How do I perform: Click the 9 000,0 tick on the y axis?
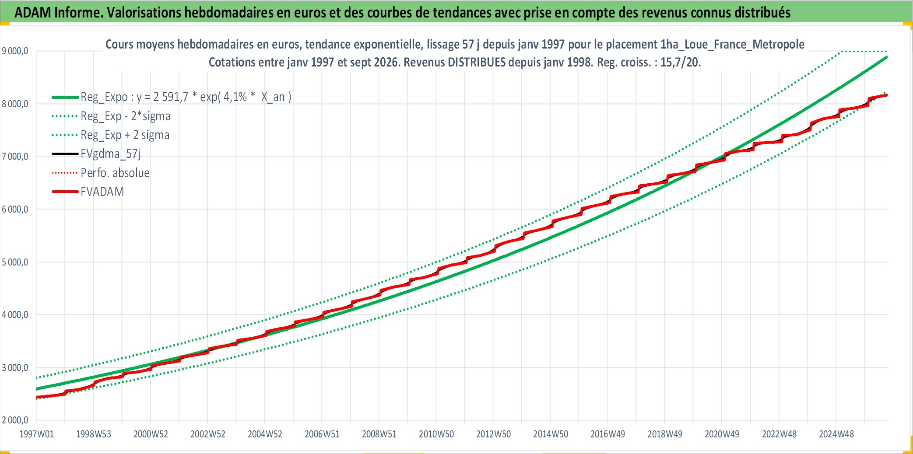click(x=15, y=51)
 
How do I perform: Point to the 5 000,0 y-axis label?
click(x=15, y=262)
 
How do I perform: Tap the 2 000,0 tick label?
click(x=15, y=420)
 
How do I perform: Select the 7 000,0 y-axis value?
click(x=15, y=157)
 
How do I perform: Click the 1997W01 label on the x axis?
click(x=37, y=434)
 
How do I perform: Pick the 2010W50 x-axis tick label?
click(x=436, y=434)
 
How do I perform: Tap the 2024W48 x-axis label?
click(x=836, y=434)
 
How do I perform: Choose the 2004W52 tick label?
click(x=265, y=434)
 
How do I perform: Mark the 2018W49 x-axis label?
click(x=665, y=434)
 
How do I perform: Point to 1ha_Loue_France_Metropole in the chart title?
click(x=732, y=44)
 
